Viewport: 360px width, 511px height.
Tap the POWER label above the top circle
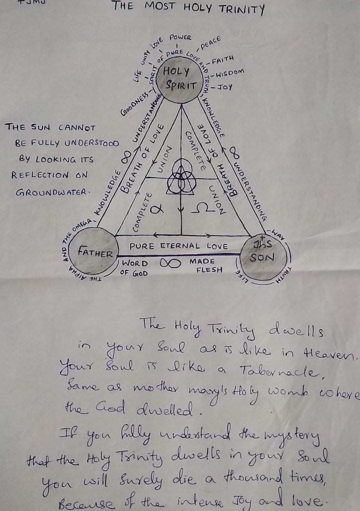[180, 37]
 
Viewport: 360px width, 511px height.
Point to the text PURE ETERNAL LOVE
[179, 246]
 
